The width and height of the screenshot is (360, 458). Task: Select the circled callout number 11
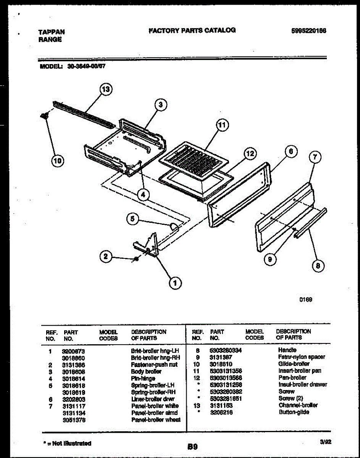222,125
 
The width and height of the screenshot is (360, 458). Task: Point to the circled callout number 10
57,161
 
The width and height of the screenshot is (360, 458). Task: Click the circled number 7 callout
315,157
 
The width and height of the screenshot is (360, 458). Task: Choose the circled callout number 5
132,218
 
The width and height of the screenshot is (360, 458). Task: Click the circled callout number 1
175,283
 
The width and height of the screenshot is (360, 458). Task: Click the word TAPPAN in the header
52,32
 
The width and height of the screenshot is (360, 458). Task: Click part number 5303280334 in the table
226,350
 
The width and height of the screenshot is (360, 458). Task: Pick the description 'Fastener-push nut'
154,364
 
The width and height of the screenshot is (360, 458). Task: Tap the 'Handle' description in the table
287,350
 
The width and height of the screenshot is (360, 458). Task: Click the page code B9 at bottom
192,446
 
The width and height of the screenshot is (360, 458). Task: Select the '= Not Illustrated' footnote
67,443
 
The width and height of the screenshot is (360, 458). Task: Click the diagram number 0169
306,300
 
